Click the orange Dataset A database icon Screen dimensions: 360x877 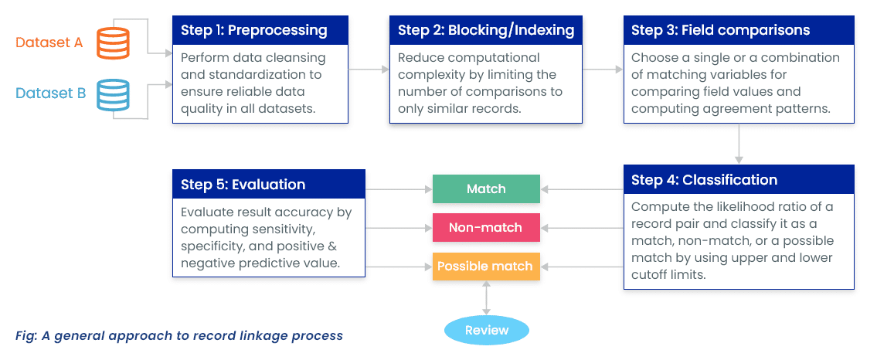point(113,42)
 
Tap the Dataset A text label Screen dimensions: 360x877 point(49,42)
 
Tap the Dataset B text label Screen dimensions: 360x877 point(51,93)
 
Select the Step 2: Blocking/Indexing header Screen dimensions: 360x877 point(485,30)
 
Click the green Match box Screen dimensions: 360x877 point(486,189)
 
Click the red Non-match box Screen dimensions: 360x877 point(486,228)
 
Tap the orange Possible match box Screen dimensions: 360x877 point(486,267)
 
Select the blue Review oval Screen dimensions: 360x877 point(486,330)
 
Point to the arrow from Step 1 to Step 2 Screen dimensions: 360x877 point(369,70)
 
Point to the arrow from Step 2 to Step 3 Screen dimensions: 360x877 point(602,70)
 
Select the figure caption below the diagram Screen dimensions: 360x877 point(178,335)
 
